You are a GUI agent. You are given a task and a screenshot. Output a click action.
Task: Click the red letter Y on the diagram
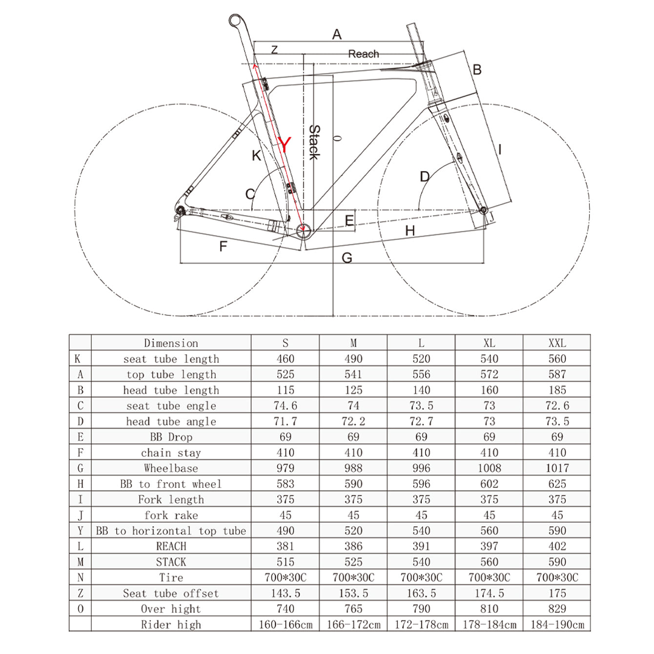[284, 144]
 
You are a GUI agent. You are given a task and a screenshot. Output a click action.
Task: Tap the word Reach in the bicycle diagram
[363, 54]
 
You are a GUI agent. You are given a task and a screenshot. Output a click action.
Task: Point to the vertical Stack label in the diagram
[314, 142]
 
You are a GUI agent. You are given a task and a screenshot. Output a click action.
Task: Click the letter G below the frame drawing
[347, 258]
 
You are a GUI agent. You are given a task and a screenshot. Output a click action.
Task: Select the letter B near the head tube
[477, 70]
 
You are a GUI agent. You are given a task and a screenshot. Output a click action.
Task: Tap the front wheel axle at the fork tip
[484, 210]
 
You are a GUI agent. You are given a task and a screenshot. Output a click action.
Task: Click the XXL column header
[556, 343]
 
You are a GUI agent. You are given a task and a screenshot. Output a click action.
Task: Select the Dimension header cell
[171, 343]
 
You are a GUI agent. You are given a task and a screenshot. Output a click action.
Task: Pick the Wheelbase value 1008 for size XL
[489, 468]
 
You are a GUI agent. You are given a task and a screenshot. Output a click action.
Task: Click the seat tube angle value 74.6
[285, 406]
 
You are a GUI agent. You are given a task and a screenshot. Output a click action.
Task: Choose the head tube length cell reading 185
[556, 390]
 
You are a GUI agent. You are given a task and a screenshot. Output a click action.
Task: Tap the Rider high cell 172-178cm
[421, 624]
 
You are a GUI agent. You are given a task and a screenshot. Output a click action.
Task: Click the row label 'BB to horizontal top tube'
[171, 531]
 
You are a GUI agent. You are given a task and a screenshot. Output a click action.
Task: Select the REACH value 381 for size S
[285, 546]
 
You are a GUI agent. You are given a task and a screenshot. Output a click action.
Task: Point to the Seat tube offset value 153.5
[353, 593]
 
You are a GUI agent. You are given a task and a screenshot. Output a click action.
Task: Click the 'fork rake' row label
[171, 515]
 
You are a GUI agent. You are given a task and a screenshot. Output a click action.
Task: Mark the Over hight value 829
[556, 609]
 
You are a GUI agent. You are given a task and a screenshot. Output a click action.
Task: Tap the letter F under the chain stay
[223, 246]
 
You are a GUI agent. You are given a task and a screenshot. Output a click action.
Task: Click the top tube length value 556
[421, 374]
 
